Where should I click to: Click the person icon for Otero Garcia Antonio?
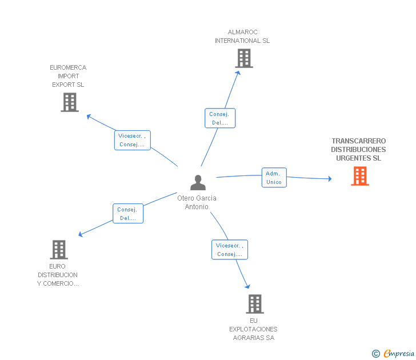click(x=198, y=182)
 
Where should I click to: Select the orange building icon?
click(x=360, y=176)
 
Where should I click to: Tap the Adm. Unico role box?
click(x=274, y=178)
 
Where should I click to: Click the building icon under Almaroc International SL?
click(x=244, y=58)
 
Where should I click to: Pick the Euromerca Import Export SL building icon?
click(x=70, y=102)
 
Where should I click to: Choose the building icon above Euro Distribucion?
click(x=59, y=250)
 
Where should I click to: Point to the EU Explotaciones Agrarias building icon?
click(x=255, y=304)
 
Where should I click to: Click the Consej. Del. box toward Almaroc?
click(x=220, y=118)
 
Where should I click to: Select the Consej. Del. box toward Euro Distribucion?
click(x=128, y=214)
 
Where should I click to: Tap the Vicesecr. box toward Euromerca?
click(x=133, y=140)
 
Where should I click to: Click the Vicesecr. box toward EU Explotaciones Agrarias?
click(x=230, y=250)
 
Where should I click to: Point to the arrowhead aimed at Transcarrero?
click(x=330, y=178)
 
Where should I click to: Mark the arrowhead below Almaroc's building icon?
click(x=238, y=73)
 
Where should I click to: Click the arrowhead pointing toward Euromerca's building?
click(x=89, y=116)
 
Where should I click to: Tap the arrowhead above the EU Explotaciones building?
click(x=247, y=286)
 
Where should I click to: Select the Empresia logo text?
click(x=399, y=353)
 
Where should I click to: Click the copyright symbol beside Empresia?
click(x=375, y=354)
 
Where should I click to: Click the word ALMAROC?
click(x=242, y=32)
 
